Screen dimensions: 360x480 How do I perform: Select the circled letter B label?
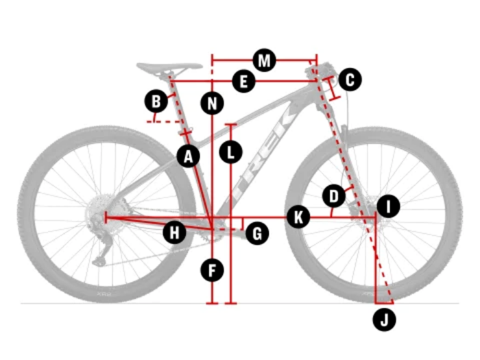click(156, 102)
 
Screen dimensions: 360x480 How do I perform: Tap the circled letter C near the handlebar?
click(350, 80)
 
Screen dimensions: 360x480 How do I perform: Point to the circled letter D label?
click(334, 197)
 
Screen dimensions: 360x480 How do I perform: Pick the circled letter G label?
click(256, 234)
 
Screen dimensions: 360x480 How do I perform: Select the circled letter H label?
click(175, 232)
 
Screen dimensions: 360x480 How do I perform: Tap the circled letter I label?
click(388, 206)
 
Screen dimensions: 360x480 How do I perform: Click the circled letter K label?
click(298, 217)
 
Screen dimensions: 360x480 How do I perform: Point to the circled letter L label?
click(231, 151)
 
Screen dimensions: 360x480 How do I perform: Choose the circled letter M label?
click(264, 60)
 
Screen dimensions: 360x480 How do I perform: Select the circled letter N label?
click(213, 104)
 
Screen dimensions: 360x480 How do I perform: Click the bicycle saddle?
click(169, 68)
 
